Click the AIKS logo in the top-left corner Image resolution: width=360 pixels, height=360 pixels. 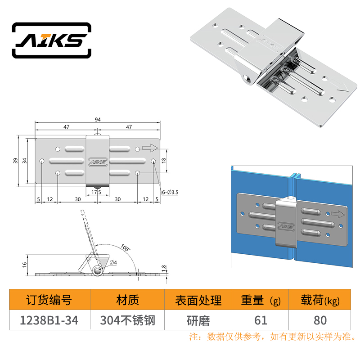[51, 40]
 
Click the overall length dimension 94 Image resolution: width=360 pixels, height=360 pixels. [98, 119]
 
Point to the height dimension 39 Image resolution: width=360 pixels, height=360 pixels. [15, 161]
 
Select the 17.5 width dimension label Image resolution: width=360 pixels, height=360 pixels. [96, 192]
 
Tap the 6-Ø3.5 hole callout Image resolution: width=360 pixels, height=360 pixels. [170, 192]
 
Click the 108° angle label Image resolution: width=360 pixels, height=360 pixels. [126, 248]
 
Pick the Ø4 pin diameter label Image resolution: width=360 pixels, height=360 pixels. [113, 262]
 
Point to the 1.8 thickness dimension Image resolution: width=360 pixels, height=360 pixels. [163, 268]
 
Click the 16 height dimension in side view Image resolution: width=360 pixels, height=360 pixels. [25, 265]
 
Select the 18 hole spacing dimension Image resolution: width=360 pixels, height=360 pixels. [164, 161]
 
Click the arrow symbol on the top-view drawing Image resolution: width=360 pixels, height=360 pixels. [150, 148]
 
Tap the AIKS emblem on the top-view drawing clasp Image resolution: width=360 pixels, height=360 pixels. [98, 162]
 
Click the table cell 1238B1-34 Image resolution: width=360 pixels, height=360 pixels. [49, 320]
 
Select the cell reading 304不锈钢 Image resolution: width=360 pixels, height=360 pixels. [128, 320]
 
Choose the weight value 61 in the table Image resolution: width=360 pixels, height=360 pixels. [261, 320]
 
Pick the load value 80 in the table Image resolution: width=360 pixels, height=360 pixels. [320, 320]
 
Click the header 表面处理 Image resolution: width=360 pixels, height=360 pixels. [198, 300]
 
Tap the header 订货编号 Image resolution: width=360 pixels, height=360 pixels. [49, 300]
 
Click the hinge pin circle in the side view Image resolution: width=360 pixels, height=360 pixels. [98, 270]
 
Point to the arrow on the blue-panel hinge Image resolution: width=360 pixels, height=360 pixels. [338, 215]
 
